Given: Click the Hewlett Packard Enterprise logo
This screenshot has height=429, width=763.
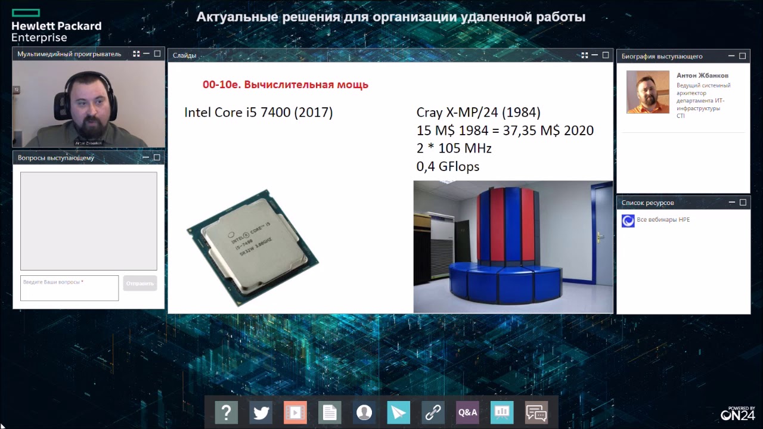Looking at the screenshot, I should (x=56, y=26).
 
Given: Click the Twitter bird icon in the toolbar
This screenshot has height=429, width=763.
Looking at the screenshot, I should (x=261, y=412).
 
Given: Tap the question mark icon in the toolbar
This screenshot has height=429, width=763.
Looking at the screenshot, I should (x=227, y=412).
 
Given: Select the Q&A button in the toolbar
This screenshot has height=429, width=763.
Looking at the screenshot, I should (x=467, y=412).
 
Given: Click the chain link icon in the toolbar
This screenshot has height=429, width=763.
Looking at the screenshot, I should (x=433, y=412).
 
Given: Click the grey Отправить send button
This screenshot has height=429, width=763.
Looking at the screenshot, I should (x=140, y=284).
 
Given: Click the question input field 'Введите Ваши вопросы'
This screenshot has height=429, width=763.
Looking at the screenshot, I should (x=69, y=288).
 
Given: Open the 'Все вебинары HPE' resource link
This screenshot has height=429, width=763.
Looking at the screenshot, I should (x=663, y=220).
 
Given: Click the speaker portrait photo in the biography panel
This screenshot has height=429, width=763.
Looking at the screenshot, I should (x=647, y=92).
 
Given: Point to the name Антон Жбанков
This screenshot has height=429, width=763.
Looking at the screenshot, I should (x=702, y=76).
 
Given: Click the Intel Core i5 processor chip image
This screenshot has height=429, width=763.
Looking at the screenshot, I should (x=253, y=248).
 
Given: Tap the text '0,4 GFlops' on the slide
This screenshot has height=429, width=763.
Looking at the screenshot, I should (x=448, y=167).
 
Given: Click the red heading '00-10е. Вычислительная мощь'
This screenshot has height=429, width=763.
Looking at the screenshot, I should (x=286, y=85).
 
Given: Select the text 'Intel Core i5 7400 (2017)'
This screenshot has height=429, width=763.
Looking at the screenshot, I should (x=258, y=113).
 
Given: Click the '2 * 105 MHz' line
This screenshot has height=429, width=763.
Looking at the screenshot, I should (x=454, y=148).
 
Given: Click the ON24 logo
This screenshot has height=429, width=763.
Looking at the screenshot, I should (x=738, y=414).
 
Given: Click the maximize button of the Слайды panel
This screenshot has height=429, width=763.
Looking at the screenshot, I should (x=606, y=55).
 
